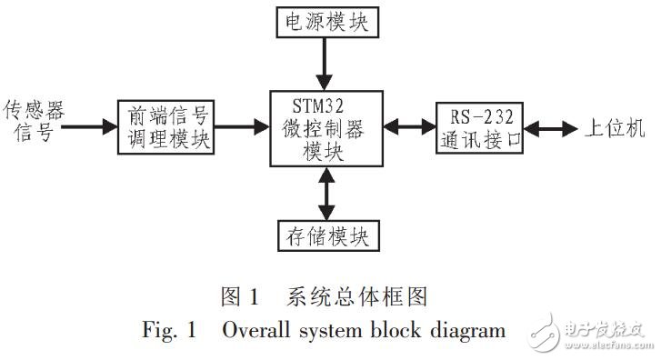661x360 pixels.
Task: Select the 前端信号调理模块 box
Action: click(x=166, y=128)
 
